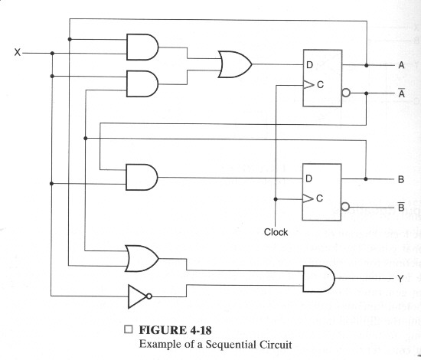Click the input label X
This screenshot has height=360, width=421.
pyautogui.click(x=18, y=52)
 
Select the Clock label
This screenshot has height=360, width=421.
pyautogui.click(x=276, y=232)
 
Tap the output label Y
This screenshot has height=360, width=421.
pyautogui.click(x=400, y=279)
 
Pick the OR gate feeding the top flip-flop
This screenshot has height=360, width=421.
pyautogui.click(x=235, y=64)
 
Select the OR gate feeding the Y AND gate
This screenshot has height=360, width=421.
pyautogui.click(x=142, y=258)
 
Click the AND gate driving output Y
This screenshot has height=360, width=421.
pyautogui.click(x=318, y=279)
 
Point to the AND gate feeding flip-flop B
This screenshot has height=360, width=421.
pyautogui.click(x=142, y=177)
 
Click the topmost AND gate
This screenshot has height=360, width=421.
pyautogui.click(x=142, y=47)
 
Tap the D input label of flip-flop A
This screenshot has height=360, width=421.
pyautogui.click(x=309, y=65)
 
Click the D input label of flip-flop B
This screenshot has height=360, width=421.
pyautogui.click(x=308, y=178)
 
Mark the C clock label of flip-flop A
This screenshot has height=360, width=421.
pyautogui.click(x=320, y=84)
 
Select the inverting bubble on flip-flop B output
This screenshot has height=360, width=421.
pyautogui.click(x=345, y=207)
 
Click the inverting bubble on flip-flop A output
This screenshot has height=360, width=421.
pyautogui.click(x=346, y=93)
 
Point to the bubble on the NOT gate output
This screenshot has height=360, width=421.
pyautogui.click(x=149, y=296)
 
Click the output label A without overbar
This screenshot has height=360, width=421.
pyautogui.click(x=401, y=65)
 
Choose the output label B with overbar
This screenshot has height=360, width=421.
pyautogui.click(x=401, y=206)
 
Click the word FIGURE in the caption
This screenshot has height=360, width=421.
pyautogui.click(x=163, y=330)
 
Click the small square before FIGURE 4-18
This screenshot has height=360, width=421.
pyautogui.click(x=129, y=329)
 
